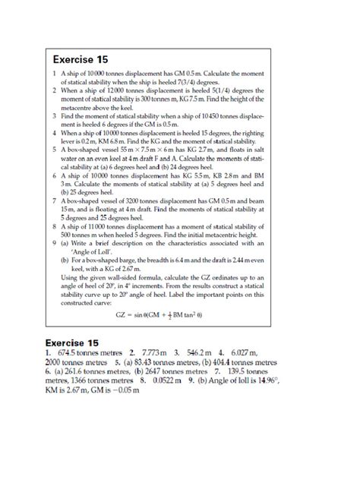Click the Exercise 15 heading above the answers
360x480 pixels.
[x=77, y=342]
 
